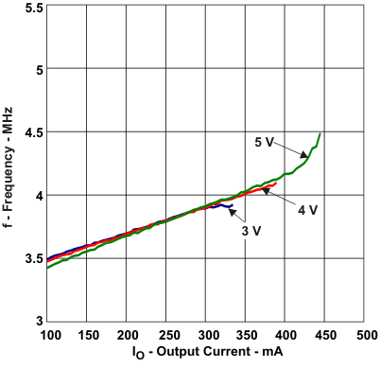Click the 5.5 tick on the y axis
coord(31,8)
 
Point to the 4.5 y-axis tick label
coord(31,132)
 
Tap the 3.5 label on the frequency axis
coord(31,258)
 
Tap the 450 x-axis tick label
coord(323,337)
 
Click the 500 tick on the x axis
coord(363,337)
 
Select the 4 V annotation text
coord(307,210)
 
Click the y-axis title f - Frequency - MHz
coord(9,163)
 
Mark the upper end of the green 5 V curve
coord(320,134)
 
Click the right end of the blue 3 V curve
coord(232,205)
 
